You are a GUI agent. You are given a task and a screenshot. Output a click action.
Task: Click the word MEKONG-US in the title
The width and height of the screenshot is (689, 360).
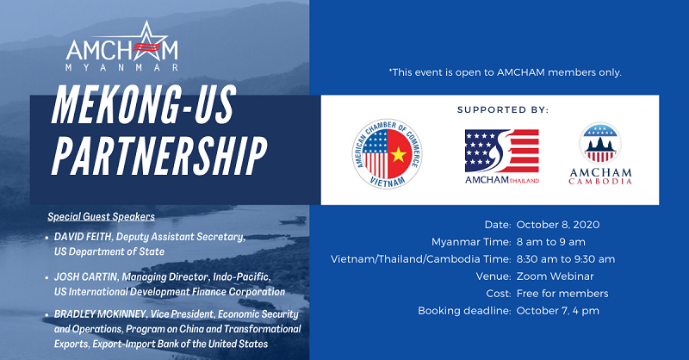point(144,104)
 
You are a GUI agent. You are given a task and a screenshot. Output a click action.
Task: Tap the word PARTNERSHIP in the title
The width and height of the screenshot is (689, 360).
point(159,155)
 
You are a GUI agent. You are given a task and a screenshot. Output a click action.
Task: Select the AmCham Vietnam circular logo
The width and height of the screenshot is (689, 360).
point(387,154)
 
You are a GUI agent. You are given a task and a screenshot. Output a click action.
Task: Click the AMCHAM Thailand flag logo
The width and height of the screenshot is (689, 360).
point(502,151)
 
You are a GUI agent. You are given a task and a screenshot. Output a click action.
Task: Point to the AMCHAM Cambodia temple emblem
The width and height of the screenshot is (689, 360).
point(600,143)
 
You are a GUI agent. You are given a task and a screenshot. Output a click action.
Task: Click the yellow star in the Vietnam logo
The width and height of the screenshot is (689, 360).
point(399,155)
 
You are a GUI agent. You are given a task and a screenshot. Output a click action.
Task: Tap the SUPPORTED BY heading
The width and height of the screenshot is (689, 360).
point(503,110)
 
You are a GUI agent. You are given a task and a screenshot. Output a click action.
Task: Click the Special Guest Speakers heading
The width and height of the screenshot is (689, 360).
point(101,217)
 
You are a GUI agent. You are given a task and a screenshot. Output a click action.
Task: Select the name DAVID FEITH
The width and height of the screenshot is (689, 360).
point(83,237)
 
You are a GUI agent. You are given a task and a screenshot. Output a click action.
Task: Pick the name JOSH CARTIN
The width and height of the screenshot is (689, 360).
point(85,277)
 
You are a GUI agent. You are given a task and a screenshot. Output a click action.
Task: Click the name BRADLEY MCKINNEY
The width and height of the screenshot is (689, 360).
point(100,314)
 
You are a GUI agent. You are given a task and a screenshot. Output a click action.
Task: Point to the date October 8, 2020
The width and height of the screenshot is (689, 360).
point(558,225)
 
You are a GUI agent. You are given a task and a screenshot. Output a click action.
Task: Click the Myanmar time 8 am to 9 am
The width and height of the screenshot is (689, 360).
point(551,242)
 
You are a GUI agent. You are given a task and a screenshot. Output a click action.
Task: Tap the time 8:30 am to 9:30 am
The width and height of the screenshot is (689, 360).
point(566,259)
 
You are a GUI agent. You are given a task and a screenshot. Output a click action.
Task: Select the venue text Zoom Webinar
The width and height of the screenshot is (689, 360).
point(555,276)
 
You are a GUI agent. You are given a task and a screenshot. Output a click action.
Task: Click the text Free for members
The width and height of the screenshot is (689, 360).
point(562,294)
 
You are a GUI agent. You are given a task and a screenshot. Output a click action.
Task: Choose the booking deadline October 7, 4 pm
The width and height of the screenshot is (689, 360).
point(558,311)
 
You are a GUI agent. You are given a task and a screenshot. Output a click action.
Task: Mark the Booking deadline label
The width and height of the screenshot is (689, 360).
point(464,311)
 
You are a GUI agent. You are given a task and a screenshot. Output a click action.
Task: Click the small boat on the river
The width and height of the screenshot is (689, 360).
point(293,220)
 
